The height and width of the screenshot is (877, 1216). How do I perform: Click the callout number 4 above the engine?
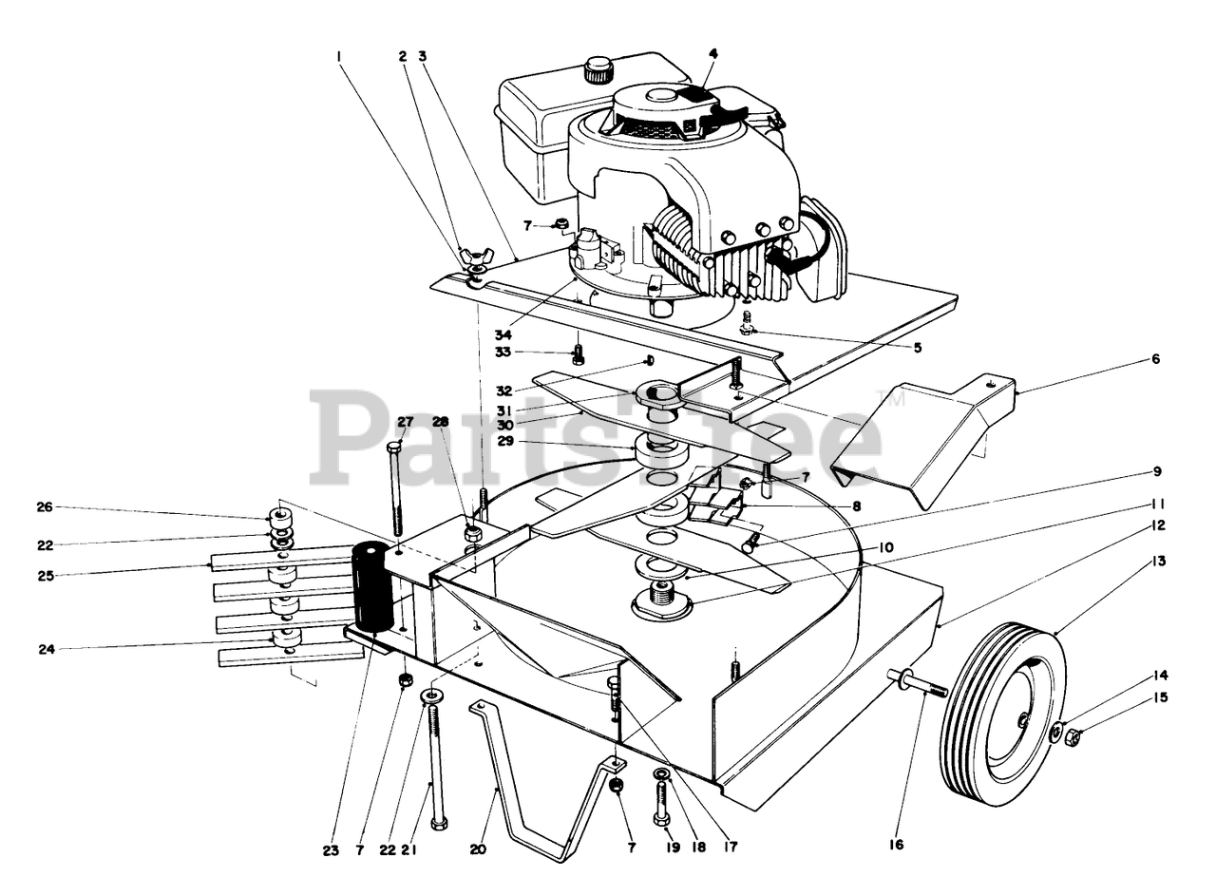[x=712, y=54]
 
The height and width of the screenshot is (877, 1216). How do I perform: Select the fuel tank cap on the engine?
[x=598, y=69]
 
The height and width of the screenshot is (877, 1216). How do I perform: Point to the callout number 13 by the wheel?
[x=1158, y=561]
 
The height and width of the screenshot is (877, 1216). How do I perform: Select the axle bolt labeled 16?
[x=918, y=682]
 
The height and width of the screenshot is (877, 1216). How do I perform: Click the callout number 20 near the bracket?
[x=478, y=849]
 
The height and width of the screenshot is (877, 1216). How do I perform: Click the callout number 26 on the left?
[x=45, y=506]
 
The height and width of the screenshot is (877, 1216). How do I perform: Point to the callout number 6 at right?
[x=1155, y=359]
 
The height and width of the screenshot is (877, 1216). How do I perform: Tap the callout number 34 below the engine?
[x=503, y=335]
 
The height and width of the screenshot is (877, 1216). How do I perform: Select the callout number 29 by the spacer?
[x=505, y=441]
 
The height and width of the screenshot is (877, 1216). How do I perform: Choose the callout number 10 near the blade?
[x=885, y=548]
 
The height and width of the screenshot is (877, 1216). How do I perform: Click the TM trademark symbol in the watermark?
[x=896, y=400]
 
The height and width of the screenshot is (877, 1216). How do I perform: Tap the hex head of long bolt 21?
[x=438, y=824]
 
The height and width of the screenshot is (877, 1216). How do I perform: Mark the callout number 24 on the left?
[x=47, y=648]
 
